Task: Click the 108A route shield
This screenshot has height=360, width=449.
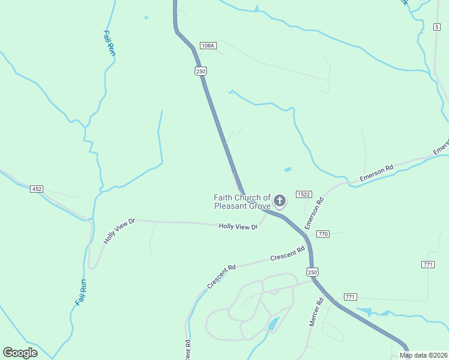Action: tap(208, 46)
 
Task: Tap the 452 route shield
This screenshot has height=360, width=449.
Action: tap(37, 189)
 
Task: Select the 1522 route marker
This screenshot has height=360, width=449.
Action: tap(303, 194)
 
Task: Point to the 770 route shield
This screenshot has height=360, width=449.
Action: tap(323, 234)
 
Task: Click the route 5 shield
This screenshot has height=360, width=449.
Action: tap(437, 26)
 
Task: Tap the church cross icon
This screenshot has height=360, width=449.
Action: tap(279, 200)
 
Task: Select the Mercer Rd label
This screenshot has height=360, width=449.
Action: tap(316, 313)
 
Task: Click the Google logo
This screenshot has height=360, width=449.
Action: tap(20, 353)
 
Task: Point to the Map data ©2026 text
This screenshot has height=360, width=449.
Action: tap(423, 355)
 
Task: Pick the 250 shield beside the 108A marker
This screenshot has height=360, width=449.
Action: tap(200, 71)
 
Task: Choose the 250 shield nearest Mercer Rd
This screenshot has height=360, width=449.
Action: tap(312, 272)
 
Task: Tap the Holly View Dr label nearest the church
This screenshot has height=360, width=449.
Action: tap(238, 226)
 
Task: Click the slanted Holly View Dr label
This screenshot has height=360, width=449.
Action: tap(120, 231)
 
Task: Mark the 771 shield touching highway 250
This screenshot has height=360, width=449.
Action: tap(351, 297)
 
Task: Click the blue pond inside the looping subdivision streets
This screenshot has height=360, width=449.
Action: tap(273, 324)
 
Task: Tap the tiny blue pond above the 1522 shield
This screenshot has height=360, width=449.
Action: tap(287, 170)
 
